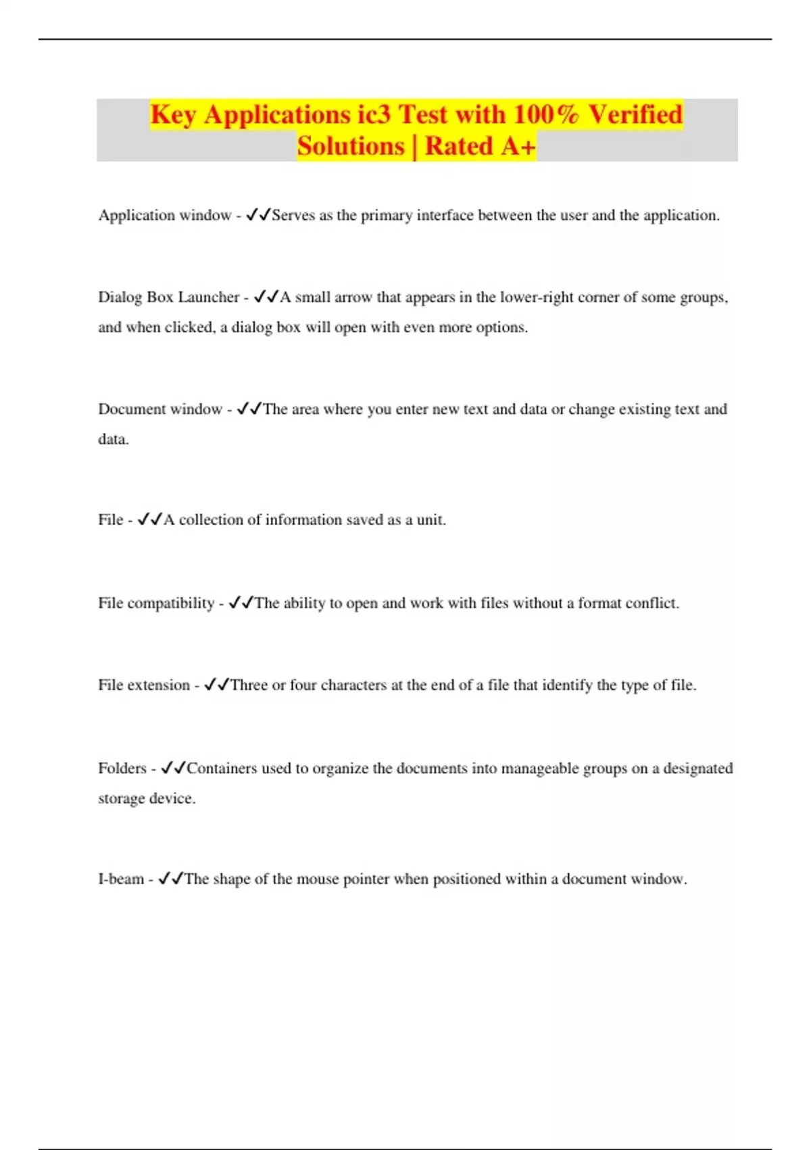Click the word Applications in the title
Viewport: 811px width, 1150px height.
277,115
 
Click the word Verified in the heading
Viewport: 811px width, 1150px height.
635,115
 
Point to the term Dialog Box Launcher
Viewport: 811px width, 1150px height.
168,297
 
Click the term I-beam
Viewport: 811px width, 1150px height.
121,879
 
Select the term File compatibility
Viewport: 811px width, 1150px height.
156,603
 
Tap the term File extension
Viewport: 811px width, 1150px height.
144,685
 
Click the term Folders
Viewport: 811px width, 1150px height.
122,768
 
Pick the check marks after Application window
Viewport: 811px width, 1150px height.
258,215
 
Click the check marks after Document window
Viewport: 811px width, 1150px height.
249,409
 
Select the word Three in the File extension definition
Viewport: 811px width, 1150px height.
249,685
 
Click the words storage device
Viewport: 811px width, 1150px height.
147,798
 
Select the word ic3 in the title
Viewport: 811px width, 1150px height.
374,115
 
